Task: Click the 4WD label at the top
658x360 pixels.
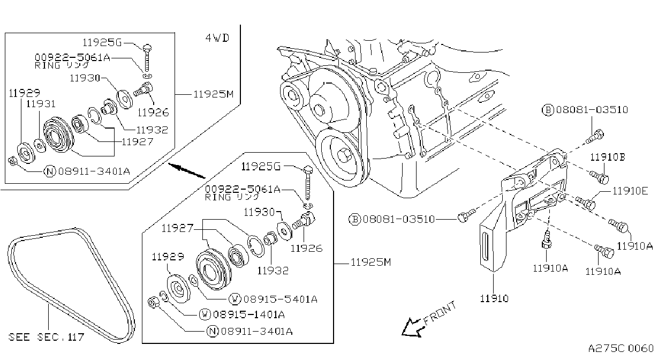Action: (217, 38)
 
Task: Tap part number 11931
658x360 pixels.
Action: (41, 104)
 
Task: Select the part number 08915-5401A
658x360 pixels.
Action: (281, 299)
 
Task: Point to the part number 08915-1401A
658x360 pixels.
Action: (249, 314)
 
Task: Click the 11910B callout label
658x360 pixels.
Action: (608, 157)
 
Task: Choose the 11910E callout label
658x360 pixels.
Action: (630, 191)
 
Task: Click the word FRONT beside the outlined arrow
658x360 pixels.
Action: (440, 313)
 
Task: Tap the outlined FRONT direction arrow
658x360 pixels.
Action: (413, 327)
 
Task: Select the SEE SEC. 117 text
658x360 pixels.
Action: (46, 337)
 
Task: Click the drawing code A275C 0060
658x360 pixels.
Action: (621, 348)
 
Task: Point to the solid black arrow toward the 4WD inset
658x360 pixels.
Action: (187, 171)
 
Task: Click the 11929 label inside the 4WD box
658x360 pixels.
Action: (24, 93)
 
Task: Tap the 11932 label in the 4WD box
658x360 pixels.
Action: (152, 130)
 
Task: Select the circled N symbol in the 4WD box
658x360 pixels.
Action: (50, 171)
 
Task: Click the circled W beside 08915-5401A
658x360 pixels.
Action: (235, 299)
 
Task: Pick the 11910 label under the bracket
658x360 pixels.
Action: (494, 298)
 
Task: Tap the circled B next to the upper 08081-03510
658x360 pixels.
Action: (548, 110)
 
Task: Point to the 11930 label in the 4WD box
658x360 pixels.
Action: (85, 78)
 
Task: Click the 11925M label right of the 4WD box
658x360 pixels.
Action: (214, 94)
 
